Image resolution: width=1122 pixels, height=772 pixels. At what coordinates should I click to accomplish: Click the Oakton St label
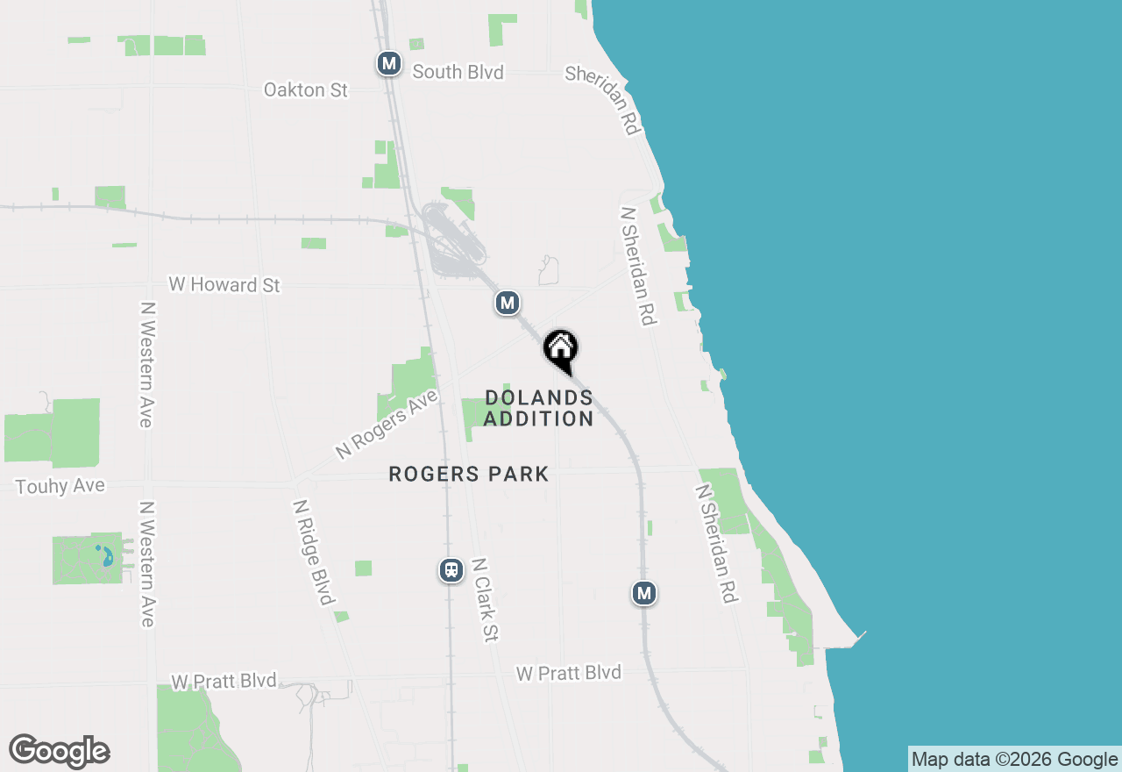[x=306, y=89]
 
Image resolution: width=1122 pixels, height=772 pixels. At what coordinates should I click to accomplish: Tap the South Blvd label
[x=458, y=72]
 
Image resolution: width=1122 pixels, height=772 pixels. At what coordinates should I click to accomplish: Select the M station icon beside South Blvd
[x=389, y=63]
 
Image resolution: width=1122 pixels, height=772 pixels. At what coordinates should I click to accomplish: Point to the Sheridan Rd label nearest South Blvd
[x=604, y=99]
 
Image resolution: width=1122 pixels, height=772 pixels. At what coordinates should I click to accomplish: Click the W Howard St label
[x=224, y=285]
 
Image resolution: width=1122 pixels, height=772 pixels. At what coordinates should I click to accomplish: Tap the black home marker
[x=560, y=349]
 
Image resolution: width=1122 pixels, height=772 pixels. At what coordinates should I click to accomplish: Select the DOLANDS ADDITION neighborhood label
[x=538, y=409]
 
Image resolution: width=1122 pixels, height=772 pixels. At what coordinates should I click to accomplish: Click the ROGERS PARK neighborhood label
[x=469, y=475]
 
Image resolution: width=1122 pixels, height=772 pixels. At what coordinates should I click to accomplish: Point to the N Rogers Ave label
[x=387, y=425]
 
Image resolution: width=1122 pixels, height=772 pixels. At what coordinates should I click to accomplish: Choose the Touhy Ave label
[x=60, y=486]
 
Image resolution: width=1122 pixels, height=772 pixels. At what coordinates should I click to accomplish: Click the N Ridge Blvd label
[x=313, y=553]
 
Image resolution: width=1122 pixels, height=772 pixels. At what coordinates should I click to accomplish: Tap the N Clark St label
[x=484, y=600]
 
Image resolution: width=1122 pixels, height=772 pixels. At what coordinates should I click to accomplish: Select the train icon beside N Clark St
[x=451, y=570]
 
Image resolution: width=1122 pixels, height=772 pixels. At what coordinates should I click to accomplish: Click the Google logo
[x=59, y=751]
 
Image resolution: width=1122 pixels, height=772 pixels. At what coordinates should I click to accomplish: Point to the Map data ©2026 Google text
[x=1014, y=760]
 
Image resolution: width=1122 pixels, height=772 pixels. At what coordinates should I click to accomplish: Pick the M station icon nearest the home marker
[x=507, y=304]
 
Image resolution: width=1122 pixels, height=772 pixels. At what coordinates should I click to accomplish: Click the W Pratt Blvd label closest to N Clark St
[x=568, y=673]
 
